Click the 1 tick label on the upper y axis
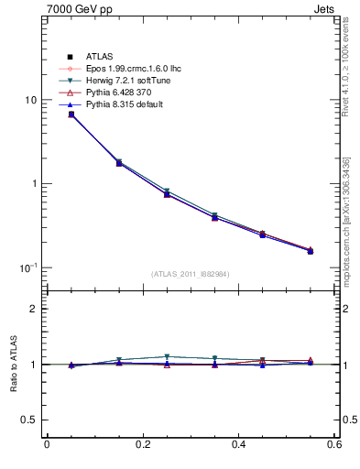coord(34,183)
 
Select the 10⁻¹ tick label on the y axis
coord(29,267)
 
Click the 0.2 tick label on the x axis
coord(142,444)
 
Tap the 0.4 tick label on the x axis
coord(238,444)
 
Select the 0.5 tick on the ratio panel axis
coord(29,420)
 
